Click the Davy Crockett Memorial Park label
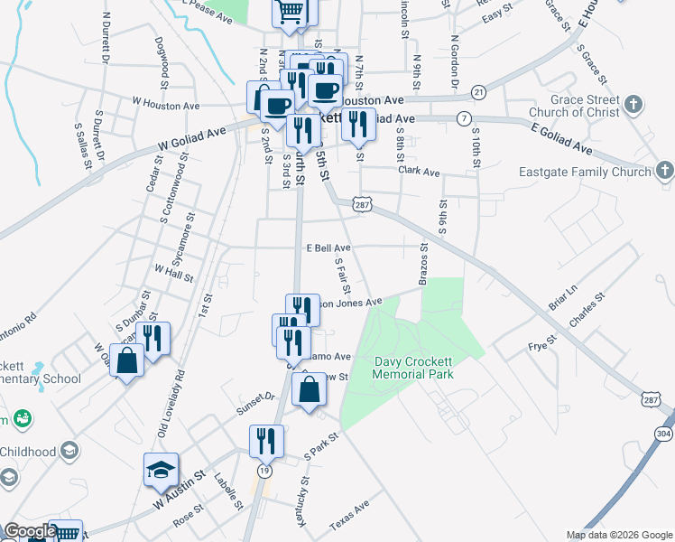414,367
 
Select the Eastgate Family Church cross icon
664,170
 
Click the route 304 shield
663,435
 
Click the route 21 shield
479,92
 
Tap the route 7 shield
464,118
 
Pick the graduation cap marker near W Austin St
161,470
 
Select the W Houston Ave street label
165,103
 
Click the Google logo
30,531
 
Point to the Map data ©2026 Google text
618,534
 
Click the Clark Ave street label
418,172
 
